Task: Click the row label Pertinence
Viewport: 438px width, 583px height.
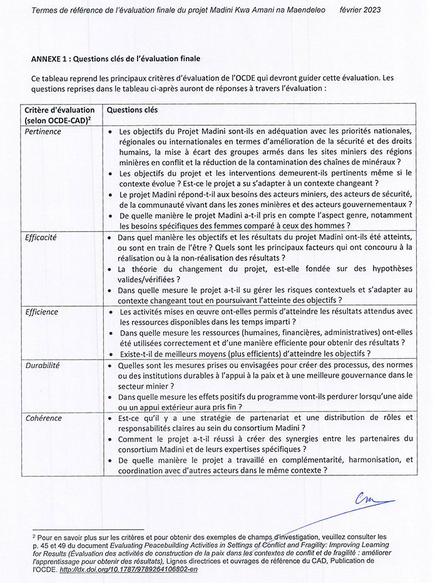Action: point(43,132)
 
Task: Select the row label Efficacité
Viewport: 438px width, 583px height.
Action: point(42,238)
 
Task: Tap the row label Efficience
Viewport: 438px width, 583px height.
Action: point(42,312)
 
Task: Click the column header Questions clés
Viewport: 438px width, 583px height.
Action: point(133,110)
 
